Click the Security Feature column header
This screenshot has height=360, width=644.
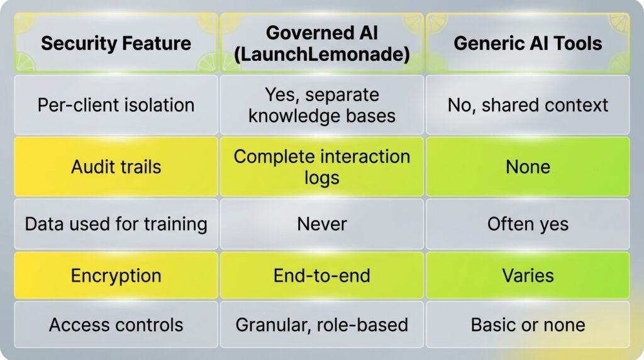point(116,43)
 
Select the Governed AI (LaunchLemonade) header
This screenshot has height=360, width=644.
point(321,43)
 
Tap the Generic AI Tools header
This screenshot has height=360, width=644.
point(528,43)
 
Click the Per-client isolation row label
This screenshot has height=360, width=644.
point(116,105)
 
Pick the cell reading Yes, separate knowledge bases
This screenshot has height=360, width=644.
point(321,105)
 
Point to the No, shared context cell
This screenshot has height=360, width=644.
point(528,105)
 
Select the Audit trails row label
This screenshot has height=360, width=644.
point(116,166)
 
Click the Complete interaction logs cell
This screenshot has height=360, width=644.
point(321,166)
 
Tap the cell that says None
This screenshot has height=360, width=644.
point(528,166)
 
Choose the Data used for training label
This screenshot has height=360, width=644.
point(116,224)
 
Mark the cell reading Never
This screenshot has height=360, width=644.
point(321,224)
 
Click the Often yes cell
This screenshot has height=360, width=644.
point(528,224)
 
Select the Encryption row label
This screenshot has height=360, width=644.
point(116,275)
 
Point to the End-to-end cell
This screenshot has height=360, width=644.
point(321,275)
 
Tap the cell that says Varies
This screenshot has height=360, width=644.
point(528,275)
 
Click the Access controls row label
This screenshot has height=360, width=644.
point(116,325)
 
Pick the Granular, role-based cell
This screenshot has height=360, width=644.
point(321,325)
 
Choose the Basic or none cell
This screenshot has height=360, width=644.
point(528,325)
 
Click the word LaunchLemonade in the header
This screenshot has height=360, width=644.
point(321,54)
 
